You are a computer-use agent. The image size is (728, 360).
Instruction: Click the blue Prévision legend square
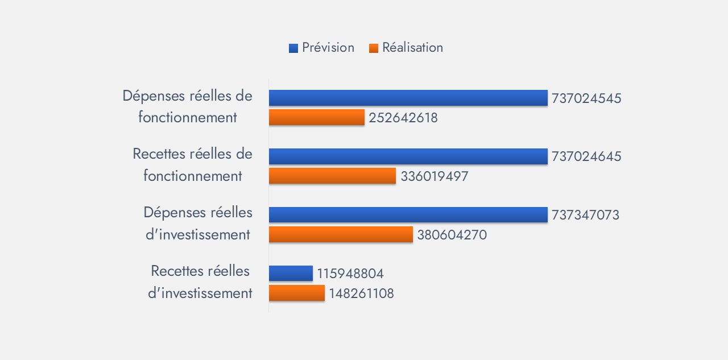click(x=293, y=48)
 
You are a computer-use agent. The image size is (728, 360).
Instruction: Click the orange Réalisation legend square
click(x=374, y=48)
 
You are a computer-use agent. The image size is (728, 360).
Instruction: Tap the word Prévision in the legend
click(x=328, y=48)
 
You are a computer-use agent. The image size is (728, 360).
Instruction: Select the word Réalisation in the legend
click(x=412, y=48)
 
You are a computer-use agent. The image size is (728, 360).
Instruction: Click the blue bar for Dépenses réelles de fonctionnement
click(x=408, y=98)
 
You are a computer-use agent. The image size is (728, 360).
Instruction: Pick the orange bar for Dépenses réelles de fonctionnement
click(x=316, y=117)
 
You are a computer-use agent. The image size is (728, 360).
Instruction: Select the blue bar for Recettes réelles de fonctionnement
click(x=408, y=156)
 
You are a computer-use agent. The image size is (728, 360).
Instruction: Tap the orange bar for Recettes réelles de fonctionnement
click(x=332, y=176)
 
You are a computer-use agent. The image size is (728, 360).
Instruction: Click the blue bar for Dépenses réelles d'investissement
click(x=408, y=215)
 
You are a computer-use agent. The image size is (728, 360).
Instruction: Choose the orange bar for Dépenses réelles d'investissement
click(x=341, y=234)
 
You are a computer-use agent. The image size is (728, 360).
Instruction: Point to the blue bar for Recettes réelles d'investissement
click(x=291, y=274)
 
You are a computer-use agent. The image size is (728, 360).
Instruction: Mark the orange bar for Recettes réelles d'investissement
click(x=296, y=293)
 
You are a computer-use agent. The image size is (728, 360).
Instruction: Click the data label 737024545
click(x=586, y=98)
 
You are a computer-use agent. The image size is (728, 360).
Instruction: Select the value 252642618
click(x=403, y=118)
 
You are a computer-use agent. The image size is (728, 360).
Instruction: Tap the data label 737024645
click(x=586, y=157)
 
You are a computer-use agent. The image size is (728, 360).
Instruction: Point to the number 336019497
click(x=435, y=176)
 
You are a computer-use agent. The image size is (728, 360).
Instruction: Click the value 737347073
click(x=585, y=216)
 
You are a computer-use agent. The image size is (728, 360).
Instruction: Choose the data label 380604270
click(x=452, y=235)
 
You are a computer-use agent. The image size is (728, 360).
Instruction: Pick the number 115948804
click(x=350, y=274)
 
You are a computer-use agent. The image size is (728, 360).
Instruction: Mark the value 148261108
click(x=361, y=293)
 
